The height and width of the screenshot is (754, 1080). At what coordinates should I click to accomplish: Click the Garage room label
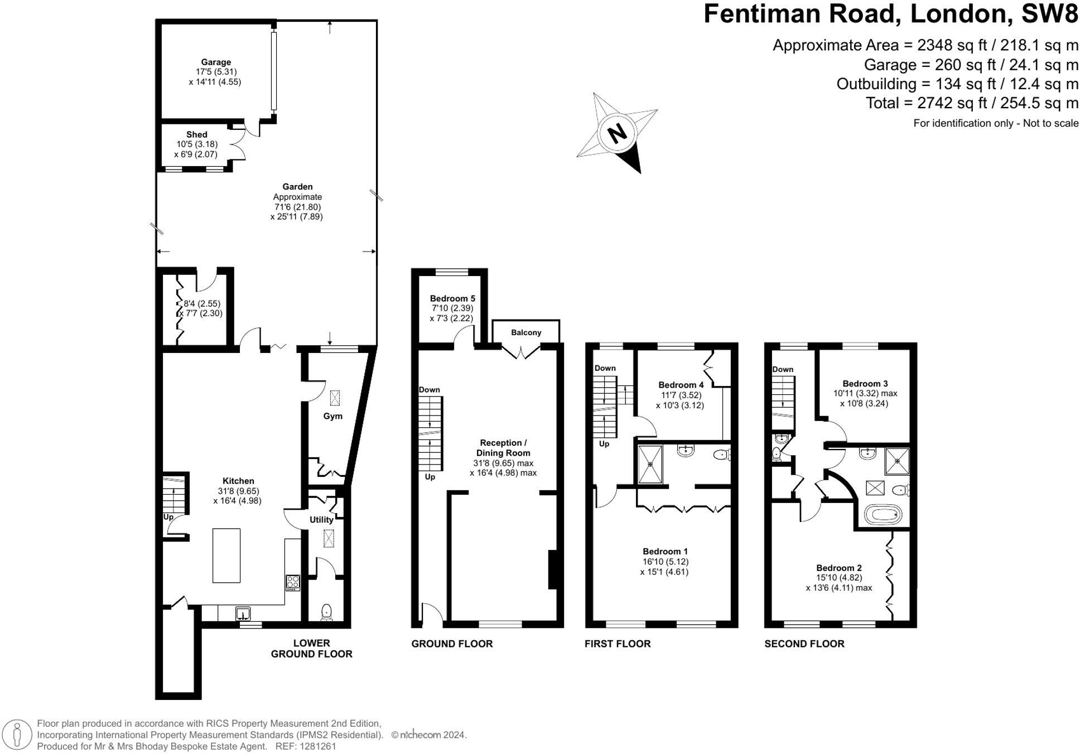(216, 62)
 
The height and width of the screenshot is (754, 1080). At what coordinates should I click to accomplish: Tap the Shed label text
(196, 134)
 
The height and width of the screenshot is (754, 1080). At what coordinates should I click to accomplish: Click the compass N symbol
(616, 133)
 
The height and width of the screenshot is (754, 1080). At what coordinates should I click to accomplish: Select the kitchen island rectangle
(226, 555)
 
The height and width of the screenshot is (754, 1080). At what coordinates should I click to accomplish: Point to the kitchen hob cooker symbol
(293, 583)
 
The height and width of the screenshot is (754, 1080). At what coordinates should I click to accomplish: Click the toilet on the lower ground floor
(327, 612)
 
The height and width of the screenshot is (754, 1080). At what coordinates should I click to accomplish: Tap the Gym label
(332, 416)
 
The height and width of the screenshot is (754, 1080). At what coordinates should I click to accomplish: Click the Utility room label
(321, 519)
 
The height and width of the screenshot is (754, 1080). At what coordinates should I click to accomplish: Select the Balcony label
(525, 332)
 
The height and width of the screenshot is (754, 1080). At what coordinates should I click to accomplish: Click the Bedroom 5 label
(452, 298)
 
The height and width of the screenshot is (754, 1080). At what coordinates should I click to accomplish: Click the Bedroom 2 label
(838, 568)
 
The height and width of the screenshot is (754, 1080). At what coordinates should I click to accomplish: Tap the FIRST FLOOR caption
(617, 644)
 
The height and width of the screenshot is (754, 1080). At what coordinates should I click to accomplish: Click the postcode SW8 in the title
(1049, 13)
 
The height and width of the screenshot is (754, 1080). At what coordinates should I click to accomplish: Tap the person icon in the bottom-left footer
(18, 734)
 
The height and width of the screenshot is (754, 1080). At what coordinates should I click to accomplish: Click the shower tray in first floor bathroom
(650, 463)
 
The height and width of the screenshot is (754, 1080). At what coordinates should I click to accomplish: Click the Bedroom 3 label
(865, 384)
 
